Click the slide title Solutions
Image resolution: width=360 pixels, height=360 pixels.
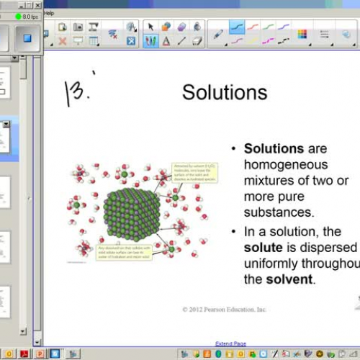coord(225,92)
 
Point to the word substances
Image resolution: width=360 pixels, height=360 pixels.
coord(278,212)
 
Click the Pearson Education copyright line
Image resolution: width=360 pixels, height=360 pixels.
coord(224,310)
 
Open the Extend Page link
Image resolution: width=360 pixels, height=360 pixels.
coord(230,343)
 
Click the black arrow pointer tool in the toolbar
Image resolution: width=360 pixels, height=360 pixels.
coord(151,27)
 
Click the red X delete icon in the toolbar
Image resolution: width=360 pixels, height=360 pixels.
coord(63,41)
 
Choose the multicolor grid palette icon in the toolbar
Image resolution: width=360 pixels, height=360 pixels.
coord(302,34)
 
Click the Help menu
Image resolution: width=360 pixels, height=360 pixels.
coord(49,13)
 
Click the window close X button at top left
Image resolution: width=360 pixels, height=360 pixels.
coord(37,5)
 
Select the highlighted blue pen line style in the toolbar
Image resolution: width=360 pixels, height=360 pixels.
coord(237,27)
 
